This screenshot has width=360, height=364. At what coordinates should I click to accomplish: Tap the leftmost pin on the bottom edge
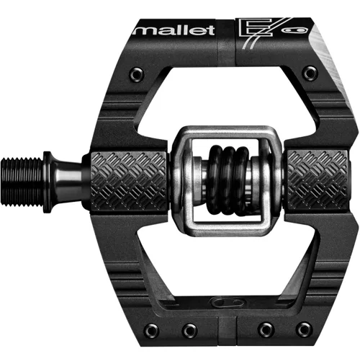click(x=151, y=330)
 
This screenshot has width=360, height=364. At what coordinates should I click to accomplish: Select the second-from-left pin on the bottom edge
click(x=189, y=330)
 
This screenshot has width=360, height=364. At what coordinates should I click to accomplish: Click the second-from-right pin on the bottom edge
click(x=266, y=330)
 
